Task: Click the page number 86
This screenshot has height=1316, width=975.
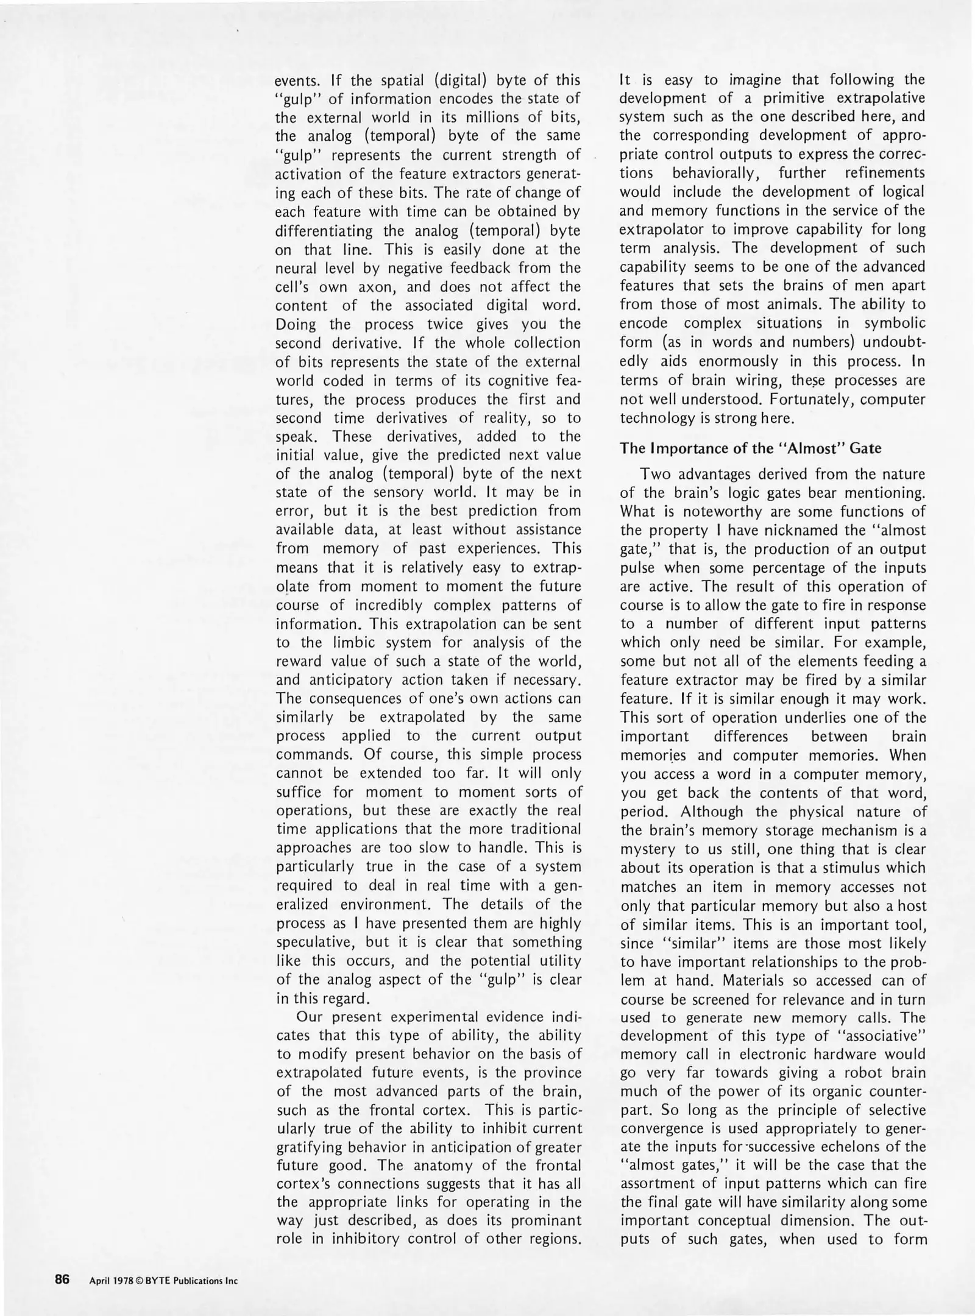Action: (x=63, y=1279)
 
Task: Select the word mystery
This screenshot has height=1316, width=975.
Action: (x=648, y=849)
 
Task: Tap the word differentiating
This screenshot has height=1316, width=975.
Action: (x=324, y=231)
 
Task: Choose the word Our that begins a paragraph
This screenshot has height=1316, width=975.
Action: (x=309, y=1017)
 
